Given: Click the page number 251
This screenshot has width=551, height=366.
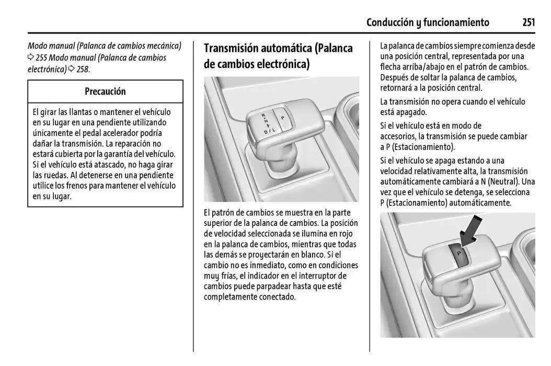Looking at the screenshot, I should [528, 22].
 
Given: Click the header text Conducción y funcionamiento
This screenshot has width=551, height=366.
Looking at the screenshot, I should [428, 22].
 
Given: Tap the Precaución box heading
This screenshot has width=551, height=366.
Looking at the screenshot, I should [105, 92].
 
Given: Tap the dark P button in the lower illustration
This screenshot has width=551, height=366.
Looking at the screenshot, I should [459, 252].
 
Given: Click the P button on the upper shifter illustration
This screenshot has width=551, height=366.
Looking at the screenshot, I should [282, 119].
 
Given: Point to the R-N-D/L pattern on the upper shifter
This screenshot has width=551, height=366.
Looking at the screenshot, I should [266, 123].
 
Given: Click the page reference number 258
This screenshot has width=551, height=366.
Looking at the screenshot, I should [83, 69].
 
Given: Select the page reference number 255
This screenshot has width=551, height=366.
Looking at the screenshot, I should [42, 58].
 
